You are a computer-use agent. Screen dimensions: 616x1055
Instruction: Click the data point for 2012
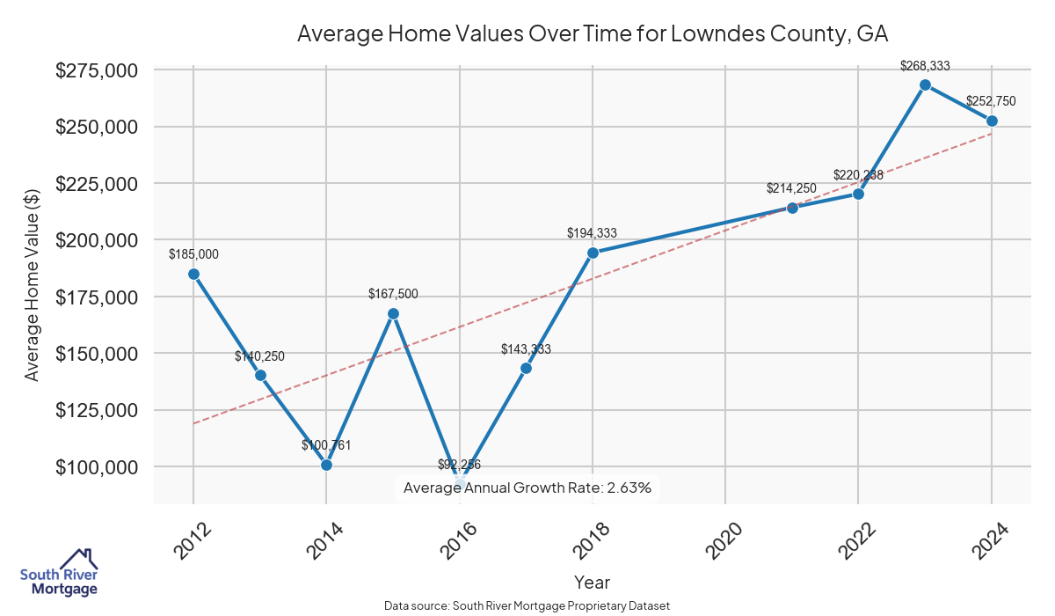[x=193, y=274]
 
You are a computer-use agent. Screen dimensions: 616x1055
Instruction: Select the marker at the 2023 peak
[x=925, y=84]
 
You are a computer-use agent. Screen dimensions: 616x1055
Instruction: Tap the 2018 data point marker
[x=593, y=253]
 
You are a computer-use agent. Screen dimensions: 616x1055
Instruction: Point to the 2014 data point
[x=326, y=465]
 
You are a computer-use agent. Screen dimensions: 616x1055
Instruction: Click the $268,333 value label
[x=925, y=65]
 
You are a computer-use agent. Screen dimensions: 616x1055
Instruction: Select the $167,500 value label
[x=393, y=294]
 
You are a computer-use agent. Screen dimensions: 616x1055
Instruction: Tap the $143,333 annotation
[x=526, y=349]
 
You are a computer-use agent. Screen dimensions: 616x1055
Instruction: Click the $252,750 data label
[x=992, y=101]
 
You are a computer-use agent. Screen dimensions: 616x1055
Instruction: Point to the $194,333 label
[x=593, y=233]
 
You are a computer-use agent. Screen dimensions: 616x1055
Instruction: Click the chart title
[x=593, y=34]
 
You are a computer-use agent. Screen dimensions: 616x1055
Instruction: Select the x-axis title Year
[x=592, y=583]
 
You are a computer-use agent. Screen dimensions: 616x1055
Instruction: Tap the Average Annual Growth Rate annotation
[x=527, y=488]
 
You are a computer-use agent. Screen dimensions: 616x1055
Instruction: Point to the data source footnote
[x=527, y=606]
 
